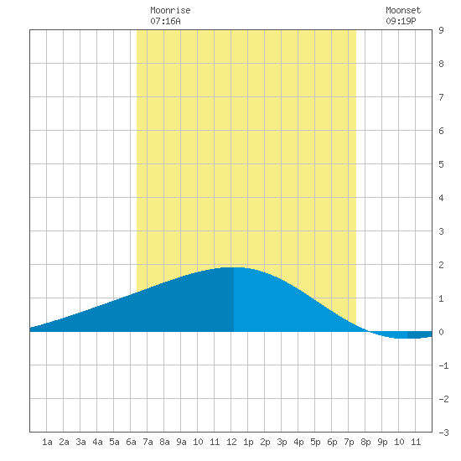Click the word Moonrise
point(170,10)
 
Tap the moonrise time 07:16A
point(165,21)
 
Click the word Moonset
point(403,10)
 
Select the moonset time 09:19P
point(401,21)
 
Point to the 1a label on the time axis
point(47,442)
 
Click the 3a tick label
point(80,442)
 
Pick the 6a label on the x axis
point(131,442)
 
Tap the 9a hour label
point(181,442)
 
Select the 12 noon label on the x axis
point(231,442)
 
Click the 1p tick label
point(248,442)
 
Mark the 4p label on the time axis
point(298,442)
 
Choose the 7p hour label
point(349,442)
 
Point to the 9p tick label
point(382,442)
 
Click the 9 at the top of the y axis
point(441,30)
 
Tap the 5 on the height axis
point(441,164)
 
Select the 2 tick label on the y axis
point(441,265)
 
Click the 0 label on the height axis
point(441,332)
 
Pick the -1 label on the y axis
point(443,365)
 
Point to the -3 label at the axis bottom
point(443,433)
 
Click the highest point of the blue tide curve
point(234,267)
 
